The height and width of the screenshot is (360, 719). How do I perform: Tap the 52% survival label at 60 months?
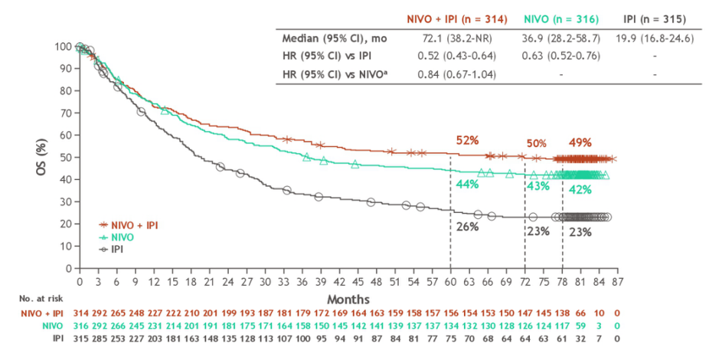pos(467,141)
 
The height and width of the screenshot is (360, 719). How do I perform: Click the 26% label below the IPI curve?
pos(467,227)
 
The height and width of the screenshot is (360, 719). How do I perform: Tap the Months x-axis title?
pos(348,297)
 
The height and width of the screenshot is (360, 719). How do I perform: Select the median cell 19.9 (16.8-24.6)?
pos(655,38)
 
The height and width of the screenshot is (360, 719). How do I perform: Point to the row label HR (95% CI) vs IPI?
pos(327,57)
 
